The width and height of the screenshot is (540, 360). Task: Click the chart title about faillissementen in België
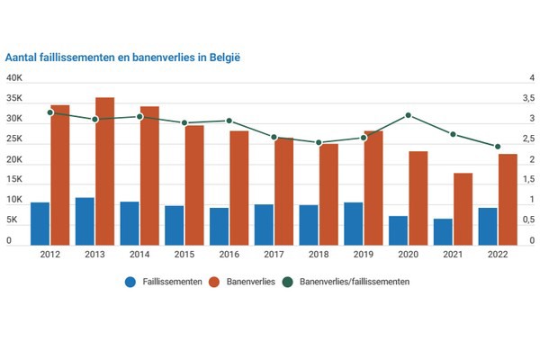(127, 56)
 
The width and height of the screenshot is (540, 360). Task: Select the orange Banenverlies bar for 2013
(105, 171)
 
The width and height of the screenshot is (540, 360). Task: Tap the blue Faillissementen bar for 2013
(85, 221)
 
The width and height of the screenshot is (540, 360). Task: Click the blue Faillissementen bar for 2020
(398, 230)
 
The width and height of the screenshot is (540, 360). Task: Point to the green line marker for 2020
(409, 115)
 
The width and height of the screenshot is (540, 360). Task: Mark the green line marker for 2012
(50, 112)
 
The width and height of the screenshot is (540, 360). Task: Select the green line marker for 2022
(498, 147)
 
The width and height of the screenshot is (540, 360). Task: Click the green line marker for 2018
(319, 142)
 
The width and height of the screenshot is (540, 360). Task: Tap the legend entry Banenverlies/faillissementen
(346, 282)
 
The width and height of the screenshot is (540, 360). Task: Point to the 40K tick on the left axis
(14, 78)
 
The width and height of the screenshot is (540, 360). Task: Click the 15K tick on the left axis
(14, 181)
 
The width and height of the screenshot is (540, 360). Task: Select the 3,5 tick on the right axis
(528, 98)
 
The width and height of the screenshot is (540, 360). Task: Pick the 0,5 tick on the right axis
(528, 221)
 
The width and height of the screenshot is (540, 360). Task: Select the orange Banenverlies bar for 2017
(284, 191)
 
